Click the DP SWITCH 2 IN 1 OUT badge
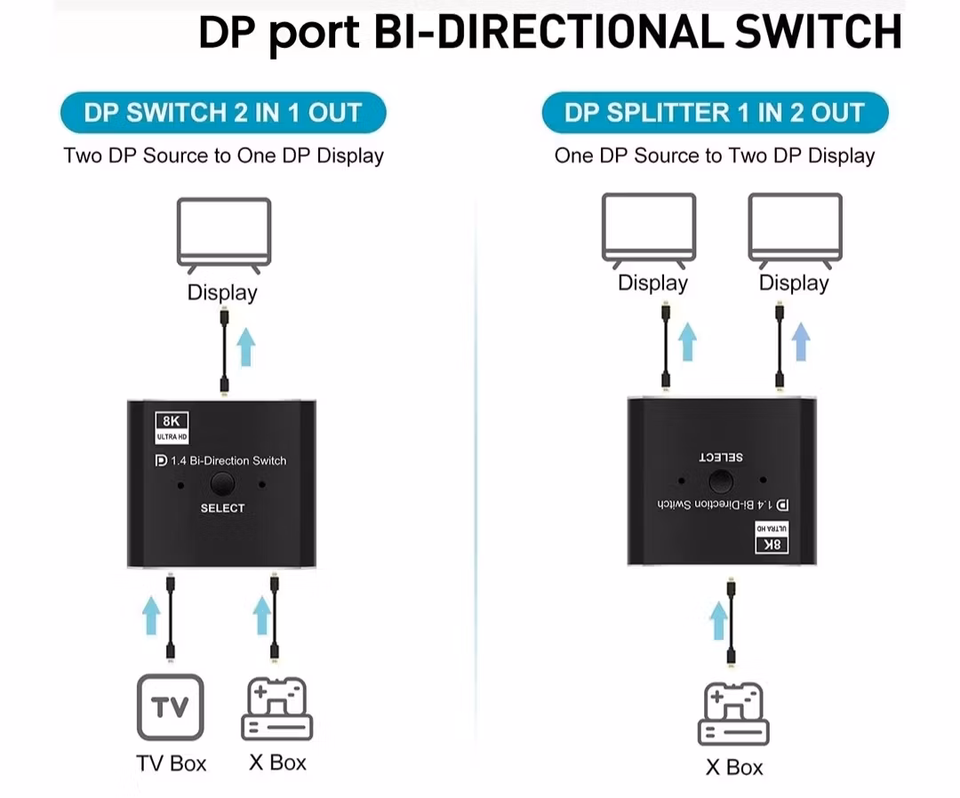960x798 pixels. [x=223, y=113]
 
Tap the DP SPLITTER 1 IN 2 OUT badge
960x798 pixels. [x=715, y=113]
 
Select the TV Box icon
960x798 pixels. [x=170, y=707]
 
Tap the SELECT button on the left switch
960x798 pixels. [x=222, y=484]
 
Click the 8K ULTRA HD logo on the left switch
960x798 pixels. [x=172, y=427]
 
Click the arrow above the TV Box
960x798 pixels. [x=151, y=614]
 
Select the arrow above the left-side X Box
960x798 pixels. [x=261, y=614]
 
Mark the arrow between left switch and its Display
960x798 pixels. [x=246, y=347]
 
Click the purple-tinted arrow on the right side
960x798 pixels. [x=801, y=341]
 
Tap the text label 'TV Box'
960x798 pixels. [x=171, y=763]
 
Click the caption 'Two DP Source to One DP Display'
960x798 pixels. [x=223, y=156]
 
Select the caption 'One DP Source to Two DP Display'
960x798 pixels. [x=715, y=156]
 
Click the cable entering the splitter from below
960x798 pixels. [x=731, y=622]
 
